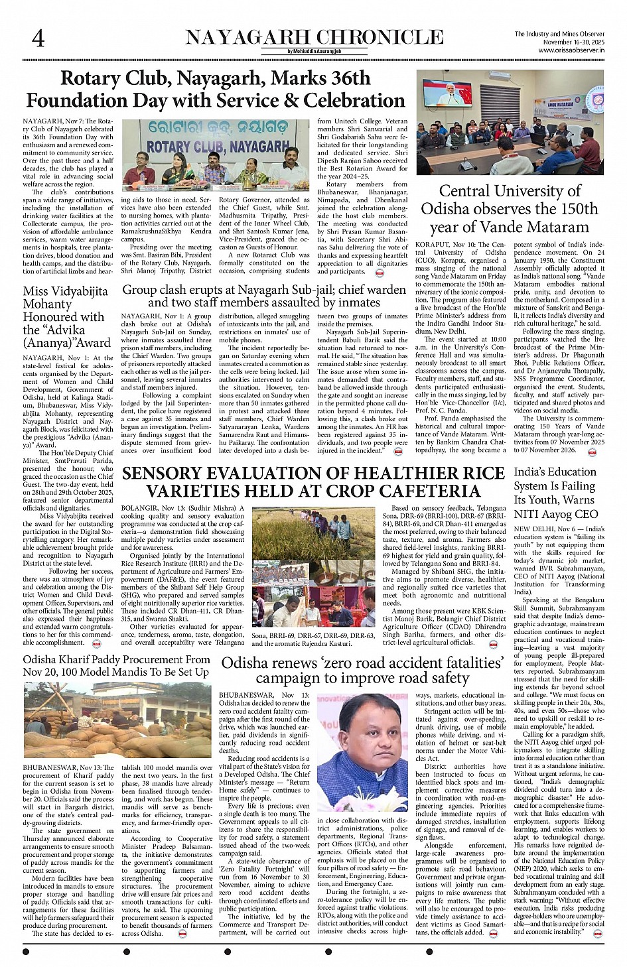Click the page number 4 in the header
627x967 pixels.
pyautogui.click(x=38, y=38)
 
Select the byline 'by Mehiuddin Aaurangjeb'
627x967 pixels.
pyautogui.click(x=314, y=52)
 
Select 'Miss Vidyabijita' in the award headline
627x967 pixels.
pyautogui.click(x=65, y=291)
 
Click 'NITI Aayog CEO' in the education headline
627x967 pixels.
pyautogui.click(x=556, y=514)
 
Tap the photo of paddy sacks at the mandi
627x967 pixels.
pyautogui.click(x=117, y=719)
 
